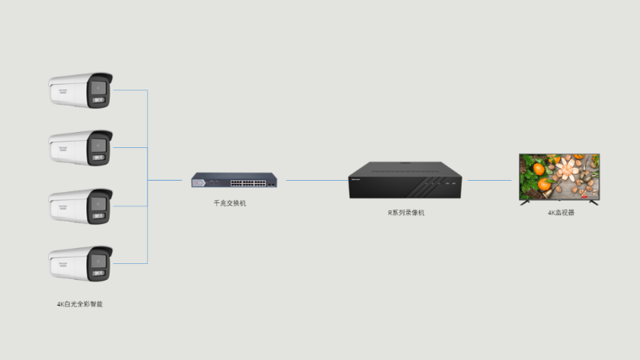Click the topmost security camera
80,91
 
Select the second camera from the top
80,148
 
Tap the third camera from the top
80,206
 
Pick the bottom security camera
80,265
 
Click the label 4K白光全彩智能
80,304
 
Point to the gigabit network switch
230,181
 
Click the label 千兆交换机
230,203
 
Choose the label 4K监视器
561,213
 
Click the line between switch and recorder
316,180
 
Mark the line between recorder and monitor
490,180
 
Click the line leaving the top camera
130,90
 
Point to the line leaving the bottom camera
130,263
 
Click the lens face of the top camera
99,90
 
